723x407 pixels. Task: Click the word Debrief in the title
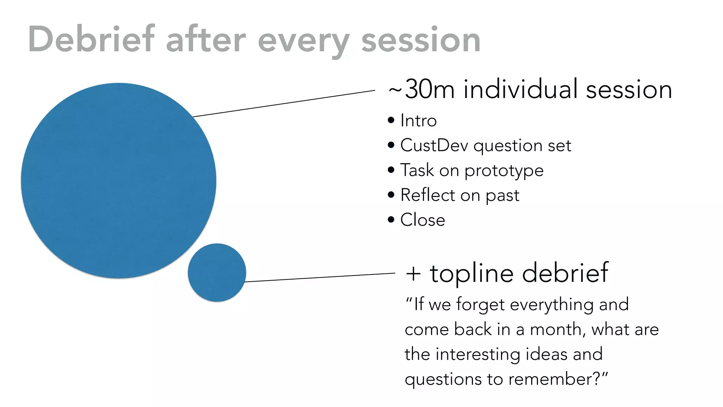(91, 40)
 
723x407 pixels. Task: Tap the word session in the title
(420, 40)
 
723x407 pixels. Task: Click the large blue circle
(119, 181)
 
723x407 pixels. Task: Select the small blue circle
(217, 272)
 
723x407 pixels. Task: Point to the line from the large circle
(284, 104)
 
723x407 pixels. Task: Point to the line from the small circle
(319, 277)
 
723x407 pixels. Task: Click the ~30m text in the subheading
(421, 90)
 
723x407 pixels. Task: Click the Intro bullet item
(418, 121)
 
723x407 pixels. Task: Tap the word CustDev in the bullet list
(434, 146)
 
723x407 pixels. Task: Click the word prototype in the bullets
(504, 171)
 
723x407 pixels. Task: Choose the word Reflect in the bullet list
(428, 195)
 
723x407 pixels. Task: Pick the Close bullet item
(423, 220)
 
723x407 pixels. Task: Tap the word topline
(471, 273)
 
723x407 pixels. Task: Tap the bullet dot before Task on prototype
(391, 170)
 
